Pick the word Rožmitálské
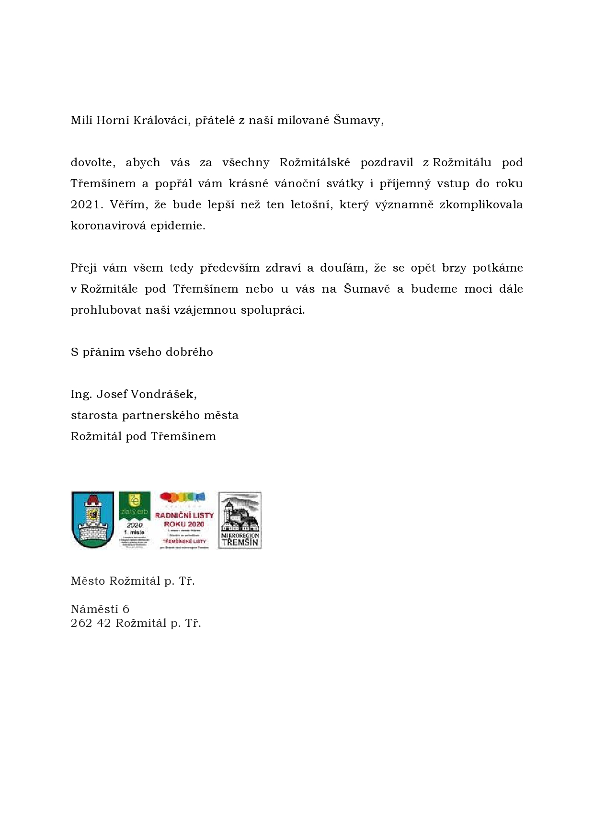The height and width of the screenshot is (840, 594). (315, 162)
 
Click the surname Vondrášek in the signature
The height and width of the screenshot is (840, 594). (164, 394)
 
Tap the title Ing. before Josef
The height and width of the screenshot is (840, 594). (81, 394)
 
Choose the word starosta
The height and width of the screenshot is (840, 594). (94, 415)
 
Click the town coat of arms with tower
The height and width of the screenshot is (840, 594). (92, 520)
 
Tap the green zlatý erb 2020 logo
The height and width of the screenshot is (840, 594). (135, 520)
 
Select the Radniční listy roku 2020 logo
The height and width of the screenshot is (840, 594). (184, 520)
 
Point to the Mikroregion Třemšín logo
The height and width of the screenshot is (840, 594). (240, 520)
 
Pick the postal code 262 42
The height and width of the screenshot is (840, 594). (91, 623)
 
